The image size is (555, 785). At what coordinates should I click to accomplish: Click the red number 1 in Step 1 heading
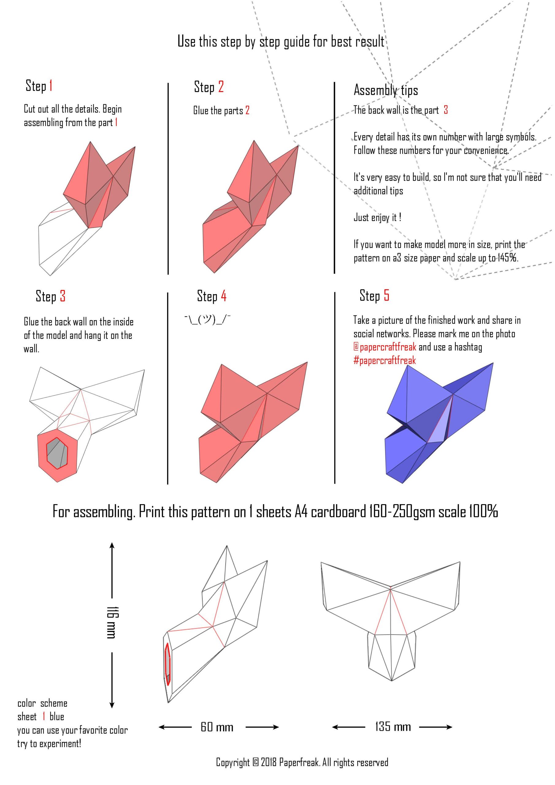click(51, 86)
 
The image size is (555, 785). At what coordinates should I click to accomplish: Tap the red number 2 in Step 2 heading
click(221, 87)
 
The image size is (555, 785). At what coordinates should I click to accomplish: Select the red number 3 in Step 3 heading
click(63, 296)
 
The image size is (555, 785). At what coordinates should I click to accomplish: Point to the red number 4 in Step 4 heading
click(224, 296)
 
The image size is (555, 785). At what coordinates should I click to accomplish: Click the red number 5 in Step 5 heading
click(386, 295)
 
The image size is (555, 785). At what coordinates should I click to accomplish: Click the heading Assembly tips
click(386, 90)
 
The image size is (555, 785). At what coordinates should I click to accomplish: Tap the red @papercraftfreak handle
click(385, 347)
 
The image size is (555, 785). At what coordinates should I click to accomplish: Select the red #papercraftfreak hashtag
click(385, 360)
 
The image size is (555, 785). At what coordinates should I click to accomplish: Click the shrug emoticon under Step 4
click(208, 320)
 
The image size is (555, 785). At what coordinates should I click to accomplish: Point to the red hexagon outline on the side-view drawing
click(167, 664)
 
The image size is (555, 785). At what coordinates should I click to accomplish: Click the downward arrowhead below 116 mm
click(112, 705)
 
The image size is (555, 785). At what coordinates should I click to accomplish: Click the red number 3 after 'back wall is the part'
click(446, 110)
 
